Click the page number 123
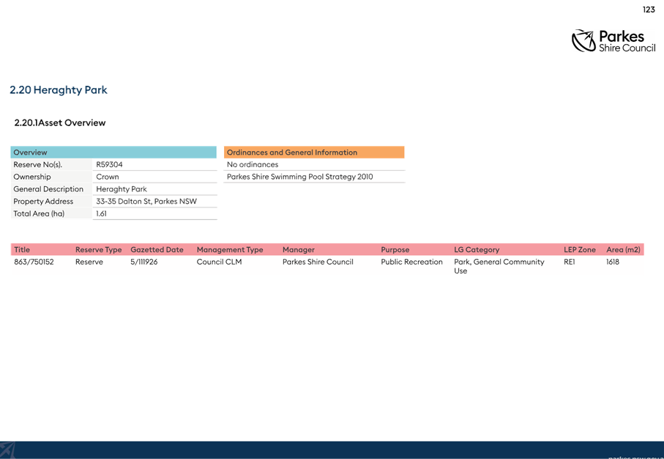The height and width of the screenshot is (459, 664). pos(649,10)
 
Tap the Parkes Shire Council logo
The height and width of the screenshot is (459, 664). pos(613,41)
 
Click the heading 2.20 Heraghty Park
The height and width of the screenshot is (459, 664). pos(59,90)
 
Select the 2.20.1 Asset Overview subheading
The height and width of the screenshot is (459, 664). pos(60,122)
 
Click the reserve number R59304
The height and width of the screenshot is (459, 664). pos(109,164)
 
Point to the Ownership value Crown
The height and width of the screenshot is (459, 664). pos(108,177)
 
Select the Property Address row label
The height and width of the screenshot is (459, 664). pos(43,202)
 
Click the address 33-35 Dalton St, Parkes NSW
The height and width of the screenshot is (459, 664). pos(146,202)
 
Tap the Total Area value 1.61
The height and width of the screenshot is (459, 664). pos(101,214)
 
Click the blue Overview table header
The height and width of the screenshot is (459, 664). pos(113,153)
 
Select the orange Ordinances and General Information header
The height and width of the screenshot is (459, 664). pos(314,153)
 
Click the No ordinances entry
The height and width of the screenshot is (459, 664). pos(253,164)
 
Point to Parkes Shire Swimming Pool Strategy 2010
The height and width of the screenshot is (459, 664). pos(300,177)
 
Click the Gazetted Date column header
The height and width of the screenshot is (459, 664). pos(157,250)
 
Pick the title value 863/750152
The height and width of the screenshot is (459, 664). pos(34,262)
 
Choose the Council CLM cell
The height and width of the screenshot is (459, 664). pos(219,262)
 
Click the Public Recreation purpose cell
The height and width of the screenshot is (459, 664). pos(411,262)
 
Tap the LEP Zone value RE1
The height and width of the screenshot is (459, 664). pos(569,262)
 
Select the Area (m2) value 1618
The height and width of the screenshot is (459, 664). pos(612,262)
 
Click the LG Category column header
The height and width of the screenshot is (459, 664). pos(477,250)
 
